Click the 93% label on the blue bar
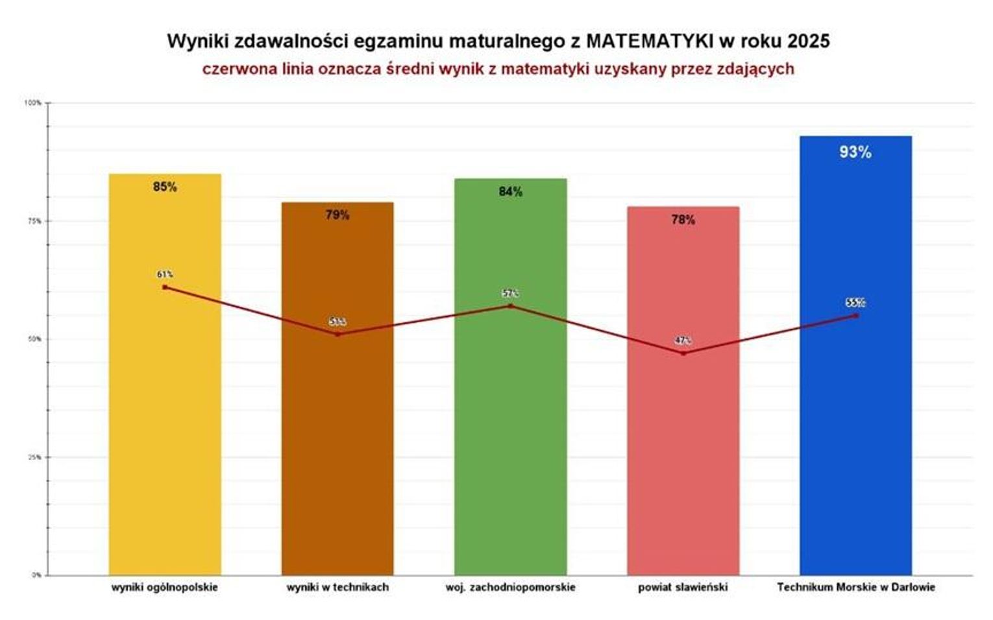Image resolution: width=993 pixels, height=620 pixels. tap(855, 152)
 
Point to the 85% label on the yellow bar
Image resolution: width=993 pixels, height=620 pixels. tap(165, 187)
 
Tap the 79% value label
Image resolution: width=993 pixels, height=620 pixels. tap(337, 215)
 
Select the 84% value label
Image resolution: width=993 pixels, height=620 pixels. tap(510, 191)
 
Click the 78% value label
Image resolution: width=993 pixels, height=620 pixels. tap(683, 220)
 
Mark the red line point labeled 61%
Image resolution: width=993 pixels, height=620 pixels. tap(165, 287)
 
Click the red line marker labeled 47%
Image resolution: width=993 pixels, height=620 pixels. tap(683, 353)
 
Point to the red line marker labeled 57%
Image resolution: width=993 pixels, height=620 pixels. tap(510, 305)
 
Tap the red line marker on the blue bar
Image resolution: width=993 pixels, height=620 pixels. tap(856, 315)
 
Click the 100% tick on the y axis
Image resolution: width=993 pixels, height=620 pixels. tap(33, 102)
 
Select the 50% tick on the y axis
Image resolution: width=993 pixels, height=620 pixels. tap(34, 339)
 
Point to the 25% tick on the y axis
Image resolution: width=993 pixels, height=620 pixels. tap(34, 457)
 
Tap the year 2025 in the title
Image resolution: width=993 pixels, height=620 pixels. tap(808, 41)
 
